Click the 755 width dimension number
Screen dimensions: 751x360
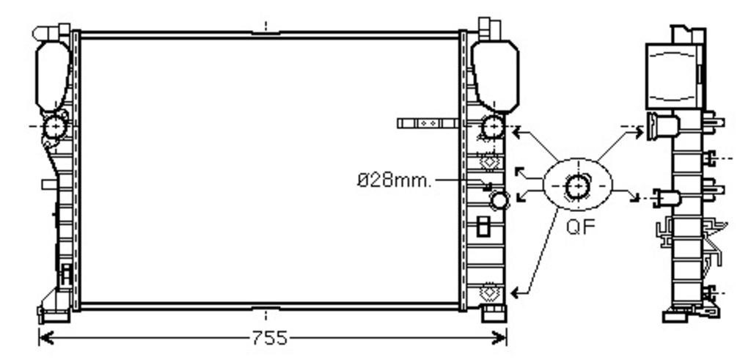[x=269, y=339]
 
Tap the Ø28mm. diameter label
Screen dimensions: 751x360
[x=394, y=180]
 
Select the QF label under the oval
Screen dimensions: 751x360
[x=580, y=227]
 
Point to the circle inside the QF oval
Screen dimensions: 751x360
[x=578, y=187]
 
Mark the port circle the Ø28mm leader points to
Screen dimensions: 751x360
[x=499, y=200]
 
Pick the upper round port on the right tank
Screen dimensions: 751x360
[x=492, y=127]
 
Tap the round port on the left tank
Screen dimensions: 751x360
[x=55, y=127]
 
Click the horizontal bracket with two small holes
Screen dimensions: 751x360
[x=428, y=123]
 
